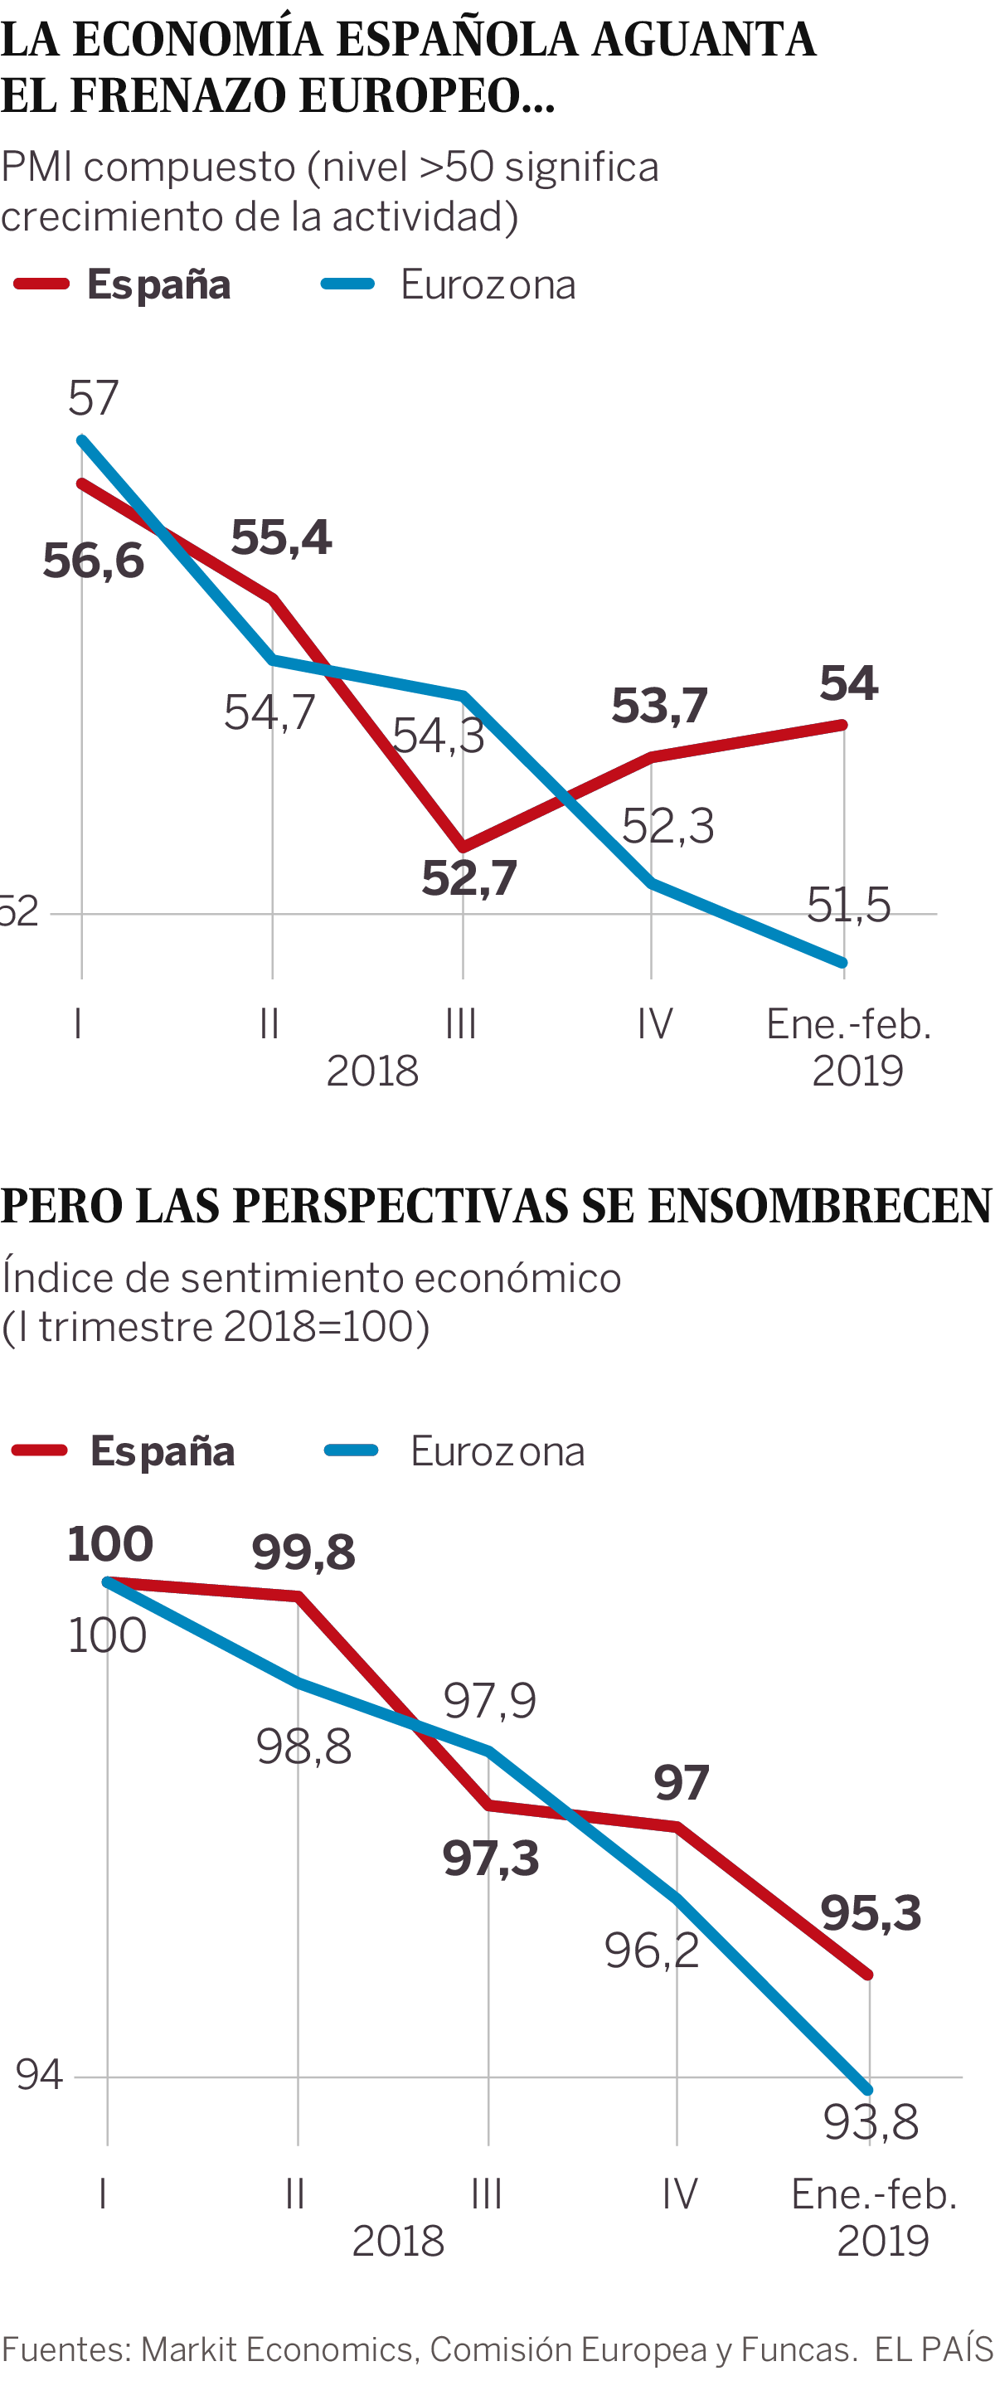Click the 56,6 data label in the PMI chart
click(x=94, y=561)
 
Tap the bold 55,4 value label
click(x=281, y=537)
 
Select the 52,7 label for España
click(x=468, y=878)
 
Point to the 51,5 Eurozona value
click(x=847, y=905)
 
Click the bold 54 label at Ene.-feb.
click(x=848, y=683)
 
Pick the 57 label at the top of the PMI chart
click(x=94, y=399)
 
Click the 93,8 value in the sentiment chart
click(x=870, y=2122)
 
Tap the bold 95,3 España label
click(x=870, y=1912)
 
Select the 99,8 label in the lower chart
click(x=303, y=1552)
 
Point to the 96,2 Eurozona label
click(x=652, y=1951)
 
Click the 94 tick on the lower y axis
click(x=39, y=2073)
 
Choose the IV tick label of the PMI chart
click(x=654, y=1024)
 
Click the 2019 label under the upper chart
click(x=857, y=1071)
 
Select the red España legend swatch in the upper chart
click(x=42, y=284)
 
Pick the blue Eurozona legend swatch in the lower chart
click(x=351, y=1450)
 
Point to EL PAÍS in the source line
click(x=934, y=2347)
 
